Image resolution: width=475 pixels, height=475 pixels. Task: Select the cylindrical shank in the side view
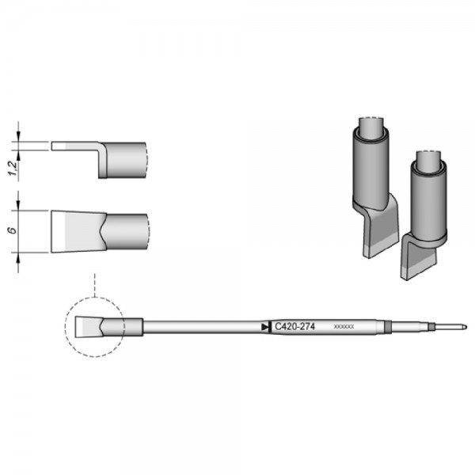[127, 161]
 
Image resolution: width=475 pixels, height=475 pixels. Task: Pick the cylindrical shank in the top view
[127, 230]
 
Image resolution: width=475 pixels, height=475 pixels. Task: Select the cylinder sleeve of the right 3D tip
[427, 198]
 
